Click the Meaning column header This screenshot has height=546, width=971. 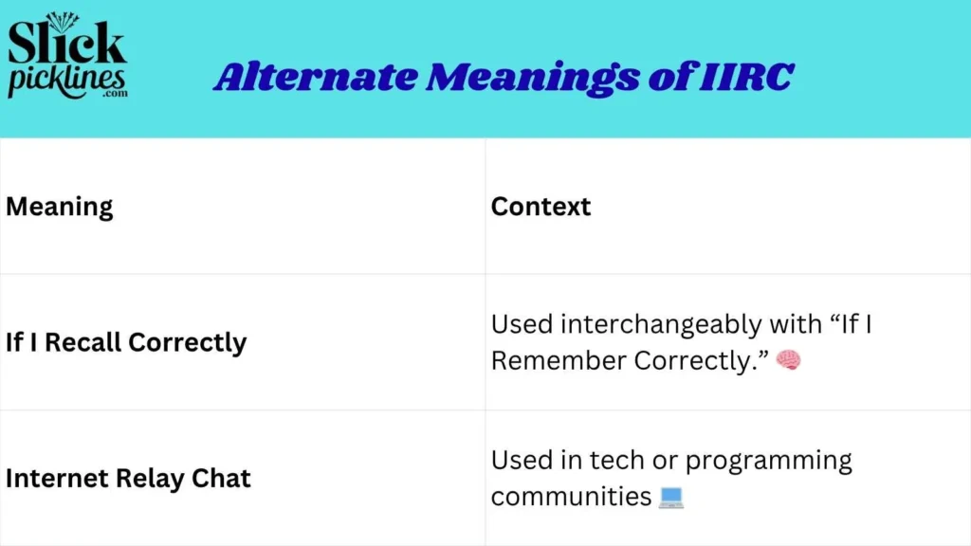click(60, 207)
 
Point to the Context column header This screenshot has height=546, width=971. click(540, 207)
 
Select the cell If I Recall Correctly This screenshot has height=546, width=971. click(126, 342)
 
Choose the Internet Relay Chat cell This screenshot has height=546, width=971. click(128, 478)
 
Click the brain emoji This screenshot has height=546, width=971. click(788, 360)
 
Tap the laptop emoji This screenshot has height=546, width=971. click(670, 497)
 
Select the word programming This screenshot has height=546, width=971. click(768, 461)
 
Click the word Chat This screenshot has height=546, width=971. click(220, 478)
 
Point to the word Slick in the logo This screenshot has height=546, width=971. click(66, 43)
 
